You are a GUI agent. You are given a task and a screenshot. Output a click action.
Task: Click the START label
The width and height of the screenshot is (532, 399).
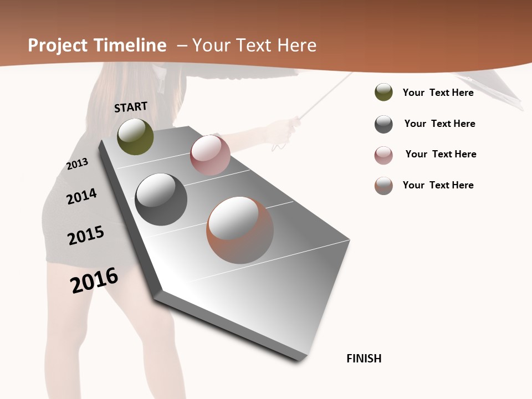coord(131,107)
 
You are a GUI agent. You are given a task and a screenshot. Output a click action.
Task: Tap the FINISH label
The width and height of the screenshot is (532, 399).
coord(364,359)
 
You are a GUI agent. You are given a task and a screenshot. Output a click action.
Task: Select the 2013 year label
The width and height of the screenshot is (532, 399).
coord(78,164)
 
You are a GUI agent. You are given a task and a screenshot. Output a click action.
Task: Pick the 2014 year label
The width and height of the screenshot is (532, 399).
coord(81,196)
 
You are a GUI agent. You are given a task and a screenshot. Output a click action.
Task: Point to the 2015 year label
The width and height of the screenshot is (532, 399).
coord(86,236)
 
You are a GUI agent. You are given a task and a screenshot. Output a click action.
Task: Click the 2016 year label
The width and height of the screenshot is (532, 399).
coord(94,280)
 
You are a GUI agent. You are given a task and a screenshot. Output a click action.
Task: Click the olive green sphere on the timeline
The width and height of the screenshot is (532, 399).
coord(135,136)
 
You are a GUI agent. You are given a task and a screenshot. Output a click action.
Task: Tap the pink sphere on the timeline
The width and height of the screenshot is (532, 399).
coord(210,155)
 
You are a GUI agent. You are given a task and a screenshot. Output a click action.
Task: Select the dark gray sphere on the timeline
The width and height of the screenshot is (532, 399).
coord(161,199)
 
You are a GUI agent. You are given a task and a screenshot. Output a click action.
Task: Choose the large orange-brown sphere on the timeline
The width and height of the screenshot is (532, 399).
coord(240,229)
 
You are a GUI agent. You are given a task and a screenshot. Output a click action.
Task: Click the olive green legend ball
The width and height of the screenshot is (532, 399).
coord(383,93)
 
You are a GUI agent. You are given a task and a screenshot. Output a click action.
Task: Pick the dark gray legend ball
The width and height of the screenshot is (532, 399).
coord(383,124)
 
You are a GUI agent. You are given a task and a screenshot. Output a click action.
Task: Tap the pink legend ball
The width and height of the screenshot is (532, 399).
coord(383,155)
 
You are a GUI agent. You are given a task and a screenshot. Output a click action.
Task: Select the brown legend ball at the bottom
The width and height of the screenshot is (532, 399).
coord(383,186)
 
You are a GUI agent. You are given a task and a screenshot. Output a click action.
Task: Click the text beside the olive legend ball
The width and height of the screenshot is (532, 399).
coord(438,93)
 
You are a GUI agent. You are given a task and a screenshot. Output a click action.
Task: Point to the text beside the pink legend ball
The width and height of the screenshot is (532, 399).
coord(441,154)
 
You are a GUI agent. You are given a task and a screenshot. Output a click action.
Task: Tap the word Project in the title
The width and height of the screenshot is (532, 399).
coord(58,45)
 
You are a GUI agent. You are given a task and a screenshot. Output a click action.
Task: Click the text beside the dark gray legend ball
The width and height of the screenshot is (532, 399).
coord(439,124)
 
